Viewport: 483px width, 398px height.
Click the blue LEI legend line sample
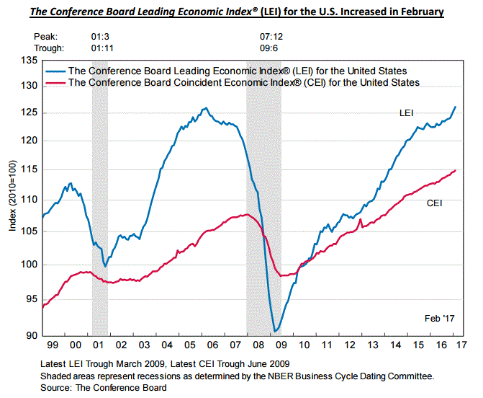pos(55,71)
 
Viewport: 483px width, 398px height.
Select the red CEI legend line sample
pos(55,83)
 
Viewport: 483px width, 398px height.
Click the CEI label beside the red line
pos(434,204)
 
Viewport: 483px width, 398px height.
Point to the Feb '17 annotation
pos(440,318)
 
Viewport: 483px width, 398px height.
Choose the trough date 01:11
pos(100,48)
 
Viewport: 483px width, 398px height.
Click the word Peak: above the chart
pos(45,35)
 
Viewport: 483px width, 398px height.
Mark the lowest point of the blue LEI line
pos(276,332)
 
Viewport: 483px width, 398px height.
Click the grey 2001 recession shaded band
pos(100,202)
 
